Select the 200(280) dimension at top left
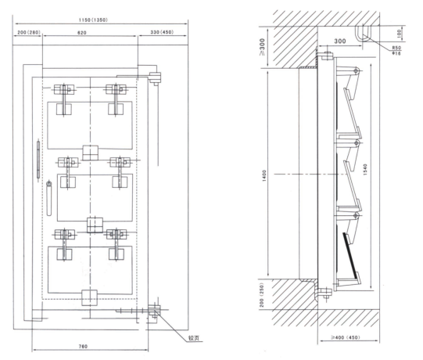point(29,32)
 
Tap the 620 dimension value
point(82,33)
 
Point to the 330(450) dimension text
point(162,32)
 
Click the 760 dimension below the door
point(83,346)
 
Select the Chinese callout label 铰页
point(194,338)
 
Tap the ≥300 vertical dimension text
point(262,47)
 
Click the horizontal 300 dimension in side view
point(340,41)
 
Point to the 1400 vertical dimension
point(264,175)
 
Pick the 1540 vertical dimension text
point(365,170)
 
